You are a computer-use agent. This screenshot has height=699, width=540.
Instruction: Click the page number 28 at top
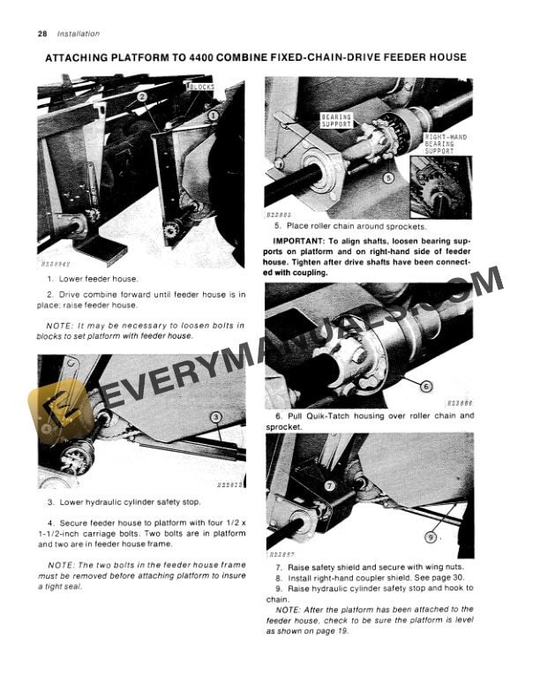point(42,34)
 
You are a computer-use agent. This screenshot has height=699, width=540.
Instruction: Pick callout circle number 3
point(214,417)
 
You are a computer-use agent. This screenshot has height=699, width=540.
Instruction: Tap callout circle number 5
point(388,177)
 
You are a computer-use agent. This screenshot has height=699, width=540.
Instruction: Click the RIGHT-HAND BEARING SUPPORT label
point(446,144)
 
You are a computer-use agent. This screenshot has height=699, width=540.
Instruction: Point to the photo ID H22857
point(280,556)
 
